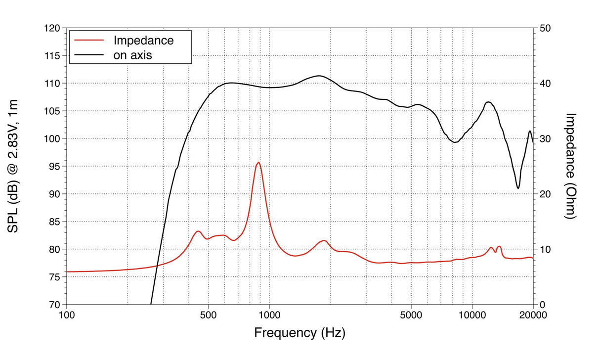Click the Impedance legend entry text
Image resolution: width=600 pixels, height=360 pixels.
143,40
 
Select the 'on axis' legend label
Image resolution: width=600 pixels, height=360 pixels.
132,55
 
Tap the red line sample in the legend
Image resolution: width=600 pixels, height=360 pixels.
87,40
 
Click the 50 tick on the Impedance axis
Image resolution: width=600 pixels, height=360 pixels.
545,28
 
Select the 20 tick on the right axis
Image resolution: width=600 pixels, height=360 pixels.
545,194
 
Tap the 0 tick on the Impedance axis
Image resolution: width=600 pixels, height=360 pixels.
542,305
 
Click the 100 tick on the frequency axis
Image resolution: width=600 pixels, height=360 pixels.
67,315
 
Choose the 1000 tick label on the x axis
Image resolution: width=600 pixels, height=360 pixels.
269,315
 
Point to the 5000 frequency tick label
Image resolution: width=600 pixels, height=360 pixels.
411,315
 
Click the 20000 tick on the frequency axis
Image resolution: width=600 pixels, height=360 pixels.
533,315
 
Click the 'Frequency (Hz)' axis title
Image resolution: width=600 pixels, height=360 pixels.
300,332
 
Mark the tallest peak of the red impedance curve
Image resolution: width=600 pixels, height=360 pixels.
258,162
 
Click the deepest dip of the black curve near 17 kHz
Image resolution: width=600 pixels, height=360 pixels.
518,188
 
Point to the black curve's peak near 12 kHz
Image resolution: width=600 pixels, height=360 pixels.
488,102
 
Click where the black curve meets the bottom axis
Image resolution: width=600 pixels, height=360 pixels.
151,304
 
